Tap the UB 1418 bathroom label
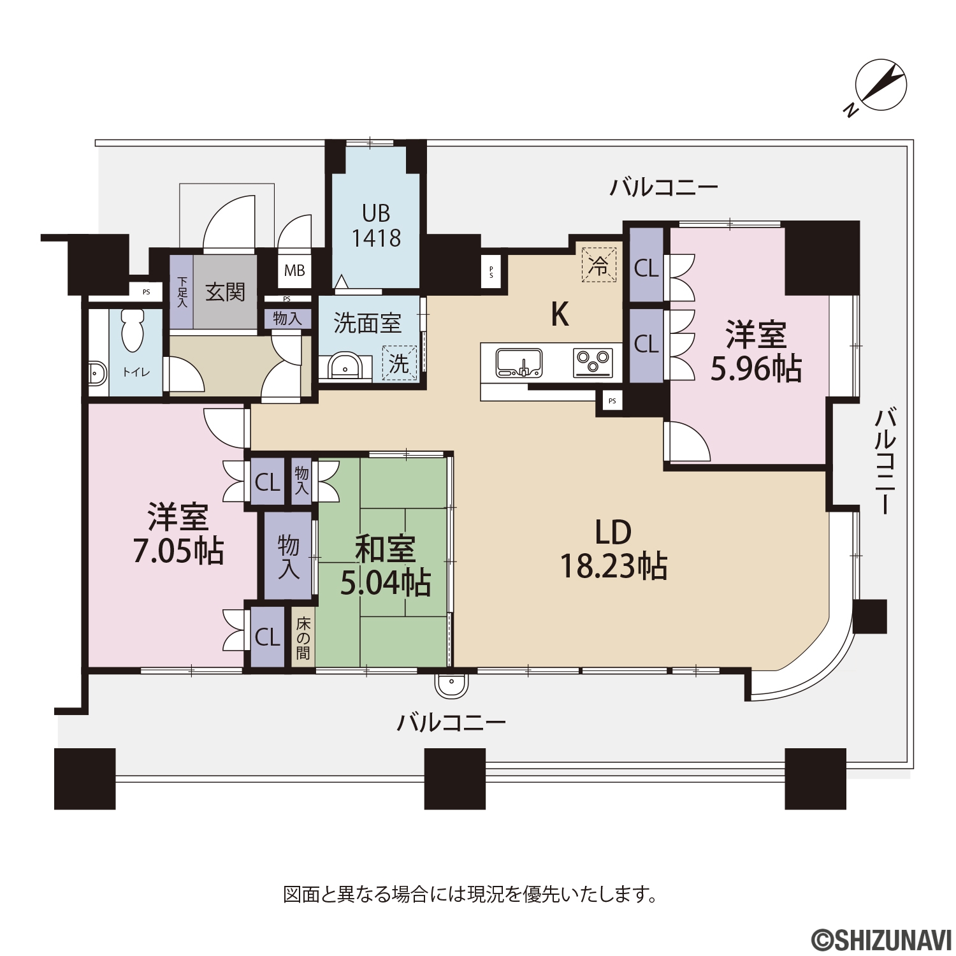pyautogui.click(x=377, y=226)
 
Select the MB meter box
pyautogui.click(x=294, y=271)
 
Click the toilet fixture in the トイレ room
pyautogui.click(x=133, y=331)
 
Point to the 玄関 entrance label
pyautogui.click(x=225, y=292)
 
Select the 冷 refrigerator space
pyautogui.click(x=598, y=265)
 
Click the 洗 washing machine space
pyautogui.click(x=399, y=363)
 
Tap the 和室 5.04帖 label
pyautogui.click(x=386, y=566)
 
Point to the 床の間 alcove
pyautogui.click(x=303, y=637)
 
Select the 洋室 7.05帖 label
pyautogui.click(x=178, y=534)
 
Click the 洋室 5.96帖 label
pyautogui.click(x=756, y=352)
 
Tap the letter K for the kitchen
pyautogui.click(x=560, y=314)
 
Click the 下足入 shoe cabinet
pyautogui.click(x=182, y=292)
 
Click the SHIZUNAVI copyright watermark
pyautogui.click(x=881, y=939)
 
